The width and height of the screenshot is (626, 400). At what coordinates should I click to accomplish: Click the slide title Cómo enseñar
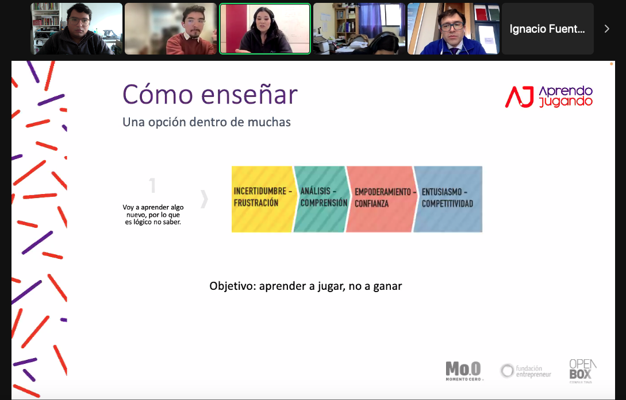click(210, 95)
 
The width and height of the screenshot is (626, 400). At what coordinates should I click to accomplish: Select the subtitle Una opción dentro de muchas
click(206, 122)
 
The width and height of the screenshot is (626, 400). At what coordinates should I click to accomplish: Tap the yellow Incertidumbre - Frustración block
click(262, 199)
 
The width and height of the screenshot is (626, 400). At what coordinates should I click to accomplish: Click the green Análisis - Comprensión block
click(322, 199)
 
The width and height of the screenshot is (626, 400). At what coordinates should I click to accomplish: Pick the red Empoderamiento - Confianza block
click(382, 199)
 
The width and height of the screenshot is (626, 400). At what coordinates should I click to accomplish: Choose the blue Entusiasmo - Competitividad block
click(448, 199)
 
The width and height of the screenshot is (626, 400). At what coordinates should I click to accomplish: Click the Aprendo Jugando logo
click(549, 97)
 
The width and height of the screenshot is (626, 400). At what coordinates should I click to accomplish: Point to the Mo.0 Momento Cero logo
click(463, 371)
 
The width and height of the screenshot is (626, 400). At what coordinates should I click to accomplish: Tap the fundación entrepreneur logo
click(525, 371)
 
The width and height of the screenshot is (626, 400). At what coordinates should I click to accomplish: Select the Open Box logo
click(583, 371)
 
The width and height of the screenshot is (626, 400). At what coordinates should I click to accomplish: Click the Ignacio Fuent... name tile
click(547, 29)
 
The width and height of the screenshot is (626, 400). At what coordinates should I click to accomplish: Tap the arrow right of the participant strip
click(607, 29)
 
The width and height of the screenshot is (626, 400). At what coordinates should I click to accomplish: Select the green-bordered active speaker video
click(264, 29)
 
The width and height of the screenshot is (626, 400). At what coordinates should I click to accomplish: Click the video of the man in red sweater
click(171, 29)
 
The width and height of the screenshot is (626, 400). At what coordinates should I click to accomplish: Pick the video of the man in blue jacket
click(453, 29)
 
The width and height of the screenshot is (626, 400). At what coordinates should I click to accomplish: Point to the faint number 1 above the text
click(152, 185)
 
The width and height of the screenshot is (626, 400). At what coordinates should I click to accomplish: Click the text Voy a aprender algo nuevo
click(153, 211)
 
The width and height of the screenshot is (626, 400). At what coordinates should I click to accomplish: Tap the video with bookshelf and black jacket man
click(76, 29)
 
